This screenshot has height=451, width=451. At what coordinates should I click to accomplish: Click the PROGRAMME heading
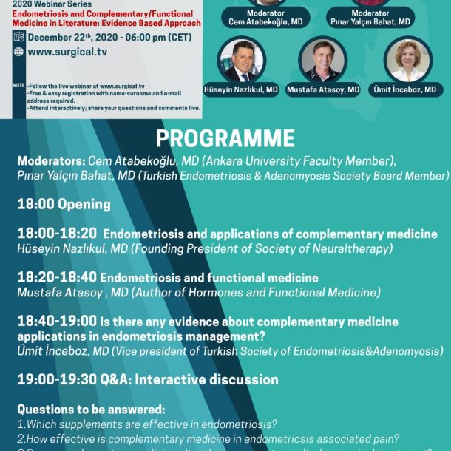coord(225,138)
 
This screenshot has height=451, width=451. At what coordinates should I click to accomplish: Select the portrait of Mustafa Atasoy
coord(322,60)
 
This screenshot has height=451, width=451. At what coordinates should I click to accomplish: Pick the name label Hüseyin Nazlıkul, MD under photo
coord(241,89)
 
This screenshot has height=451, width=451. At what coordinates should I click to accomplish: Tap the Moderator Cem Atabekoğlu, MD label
coord(275,18)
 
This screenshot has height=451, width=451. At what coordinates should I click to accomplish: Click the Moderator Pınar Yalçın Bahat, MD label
coord(370,18)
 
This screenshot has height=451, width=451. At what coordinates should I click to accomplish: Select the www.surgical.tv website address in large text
coord(64,52)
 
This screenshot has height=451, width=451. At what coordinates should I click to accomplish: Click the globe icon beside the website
coord(18,52)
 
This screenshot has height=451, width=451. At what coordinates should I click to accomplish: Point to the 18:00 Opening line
coord(64,204)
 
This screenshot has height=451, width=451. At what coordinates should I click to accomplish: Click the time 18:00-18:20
coord(56,234)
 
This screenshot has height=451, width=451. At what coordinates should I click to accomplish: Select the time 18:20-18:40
coord(56,278)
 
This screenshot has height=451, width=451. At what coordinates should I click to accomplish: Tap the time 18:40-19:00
coord(56,322)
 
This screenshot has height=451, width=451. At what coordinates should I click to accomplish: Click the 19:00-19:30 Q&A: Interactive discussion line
coord(148,379)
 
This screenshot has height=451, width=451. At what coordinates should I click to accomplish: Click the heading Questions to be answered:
coord(91,409)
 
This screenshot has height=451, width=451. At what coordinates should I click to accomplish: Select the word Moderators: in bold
coord(51,160)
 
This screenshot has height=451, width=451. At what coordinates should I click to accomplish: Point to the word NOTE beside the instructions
coord(18,85)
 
